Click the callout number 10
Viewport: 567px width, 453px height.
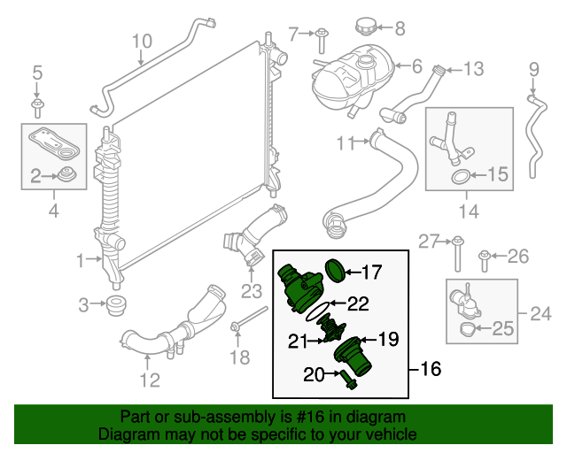142,40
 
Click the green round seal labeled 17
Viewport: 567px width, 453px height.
332,270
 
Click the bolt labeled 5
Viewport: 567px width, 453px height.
37,107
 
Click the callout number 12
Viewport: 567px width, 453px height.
150,380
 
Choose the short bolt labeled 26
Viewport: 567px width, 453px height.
485,258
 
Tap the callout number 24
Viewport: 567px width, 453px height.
540,312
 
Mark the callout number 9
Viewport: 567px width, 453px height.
533,69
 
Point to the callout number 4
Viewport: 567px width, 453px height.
53,211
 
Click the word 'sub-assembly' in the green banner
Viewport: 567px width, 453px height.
189,416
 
